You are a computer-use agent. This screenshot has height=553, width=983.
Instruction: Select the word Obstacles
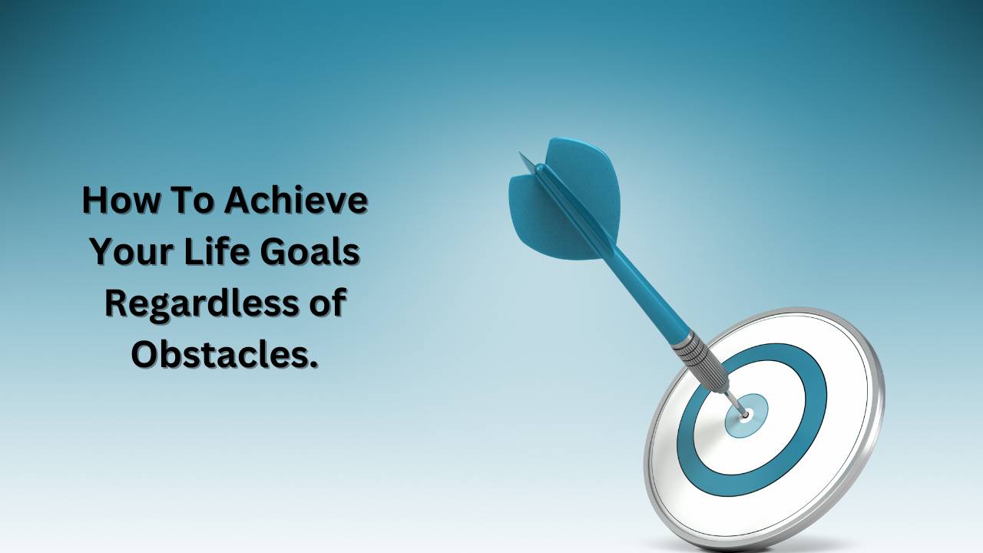(x=218, y=354)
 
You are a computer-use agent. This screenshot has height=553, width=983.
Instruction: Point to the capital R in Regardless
(x=116, y=303)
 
